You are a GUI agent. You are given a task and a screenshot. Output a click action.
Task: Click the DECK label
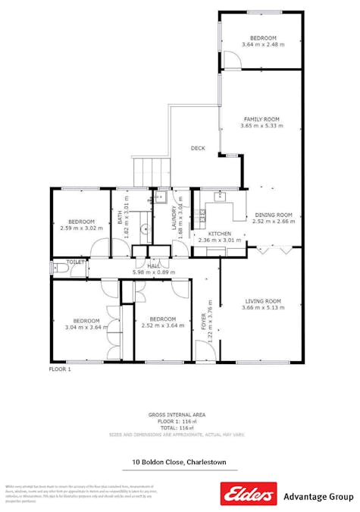198,149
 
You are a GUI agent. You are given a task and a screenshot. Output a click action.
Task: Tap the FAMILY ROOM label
261,119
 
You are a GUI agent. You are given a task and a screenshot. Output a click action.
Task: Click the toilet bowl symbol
57,268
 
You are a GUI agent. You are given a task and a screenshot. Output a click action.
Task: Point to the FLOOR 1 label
60,369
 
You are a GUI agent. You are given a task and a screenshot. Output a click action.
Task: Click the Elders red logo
248,494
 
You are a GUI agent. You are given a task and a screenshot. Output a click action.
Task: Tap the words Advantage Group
318,497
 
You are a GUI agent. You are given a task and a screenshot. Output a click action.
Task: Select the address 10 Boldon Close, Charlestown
179,462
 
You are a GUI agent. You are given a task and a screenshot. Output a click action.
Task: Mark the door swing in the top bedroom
230,58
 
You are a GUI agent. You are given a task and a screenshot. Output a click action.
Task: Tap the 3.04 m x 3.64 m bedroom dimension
81,327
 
